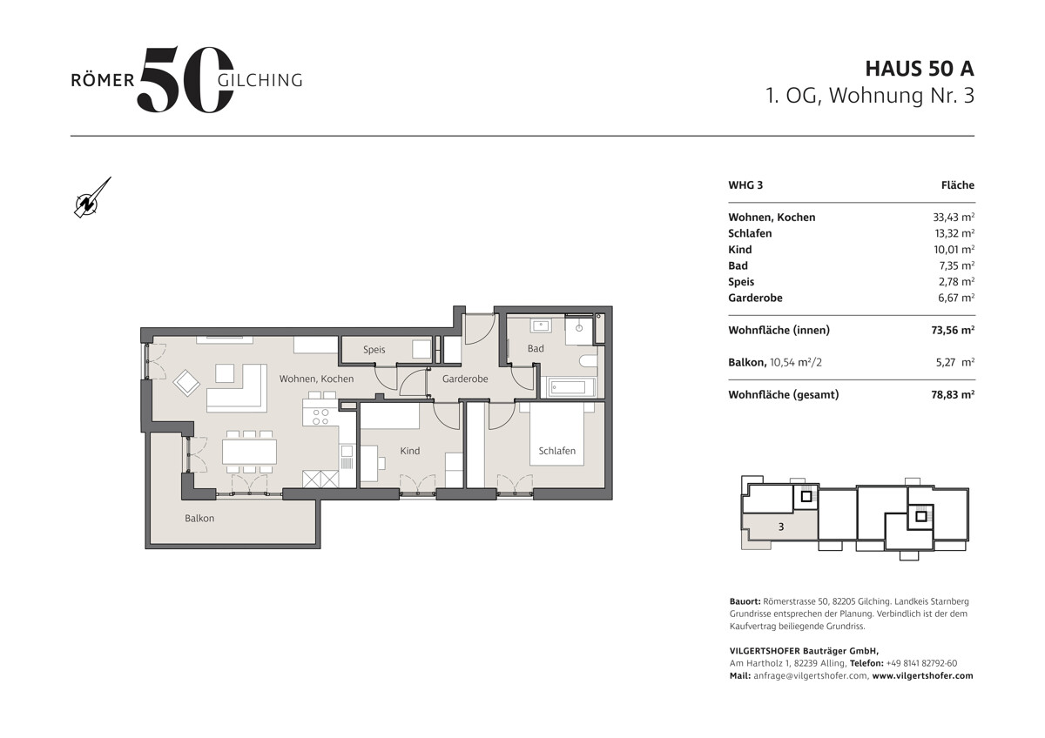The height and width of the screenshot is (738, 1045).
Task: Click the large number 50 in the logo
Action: tap(185, 80)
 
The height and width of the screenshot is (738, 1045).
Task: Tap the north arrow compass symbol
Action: tap(91, 199)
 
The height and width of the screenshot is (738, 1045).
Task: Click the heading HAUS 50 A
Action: tap(920, 69)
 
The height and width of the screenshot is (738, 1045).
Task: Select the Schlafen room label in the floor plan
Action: tap(557, 451)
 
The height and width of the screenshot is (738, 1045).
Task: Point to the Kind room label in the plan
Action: tap(410, 451)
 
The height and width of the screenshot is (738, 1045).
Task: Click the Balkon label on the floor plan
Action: tap(199, 518)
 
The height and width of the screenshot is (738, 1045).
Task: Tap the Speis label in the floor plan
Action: tap(374, 350)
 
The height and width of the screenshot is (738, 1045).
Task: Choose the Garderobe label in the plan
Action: tap(465, 379)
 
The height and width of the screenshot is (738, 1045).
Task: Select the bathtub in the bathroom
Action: tap(568, 387)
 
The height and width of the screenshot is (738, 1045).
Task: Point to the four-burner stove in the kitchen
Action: tap(320, 417)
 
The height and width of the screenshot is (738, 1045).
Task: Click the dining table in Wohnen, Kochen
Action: tap(249, 452)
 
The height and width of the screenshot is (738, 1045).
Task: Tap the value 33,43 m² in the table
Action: tap(954, 218)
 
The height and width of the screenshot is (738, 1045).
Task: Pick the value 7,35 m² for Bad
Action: tap(957, 265)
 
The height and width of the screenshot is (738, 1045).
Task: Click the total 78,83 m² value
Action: tap(953, 394)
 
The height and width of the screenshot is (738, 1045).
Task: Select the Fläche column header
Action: tap(958, 185)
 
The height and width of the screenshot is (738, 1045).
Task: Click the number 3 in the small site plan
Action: tap(781, 527)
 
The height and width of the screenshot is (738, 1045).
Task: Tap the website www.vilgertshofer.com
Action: tap(923, 675)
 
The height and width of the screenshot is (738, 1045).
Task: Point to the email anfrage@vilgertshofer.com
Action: tap(811, 675)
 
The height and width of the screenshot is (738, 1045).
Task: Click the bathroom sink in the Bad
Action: tap(541, 325)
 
